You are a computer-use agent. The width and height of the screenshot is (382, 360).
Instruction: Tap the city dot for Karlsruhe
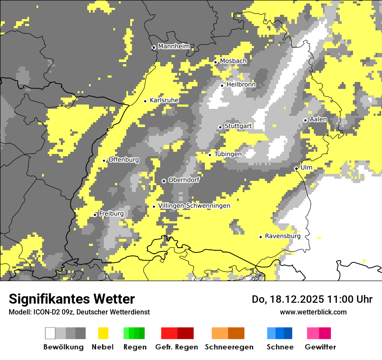(145, 101)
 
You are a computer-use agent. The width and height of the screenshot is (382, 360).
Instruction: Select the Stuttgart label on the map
(238, 126)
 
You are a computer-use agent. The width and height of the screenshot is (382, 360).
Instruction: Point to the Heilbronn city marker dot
(222, 85)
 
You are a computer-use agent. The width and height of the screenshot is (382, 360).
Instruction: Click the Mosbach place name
(233, 61)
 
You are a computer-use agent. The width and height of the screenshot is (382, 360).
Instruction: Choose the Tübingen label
(228, 154)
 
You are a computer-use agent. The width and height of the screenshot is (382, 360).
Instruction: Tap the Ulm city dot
(296, 168)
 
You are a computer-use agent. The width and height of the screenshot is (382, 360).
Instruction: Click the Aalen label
(318, 119)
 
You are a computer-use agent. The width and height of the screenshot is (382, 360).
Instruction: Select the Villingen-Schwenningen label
(194, 206)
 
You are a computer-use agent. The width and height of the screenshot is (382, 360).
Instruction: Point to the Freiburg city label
(111, 214)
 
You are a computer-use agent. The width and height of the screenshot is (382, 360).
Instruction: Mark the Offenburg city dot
(104, 160)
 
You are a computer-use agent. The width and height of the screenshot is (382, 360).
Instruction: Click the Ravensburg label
(283, 236)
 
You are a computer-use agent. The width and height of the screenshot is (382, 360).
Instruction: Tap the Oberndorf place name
(184, 180)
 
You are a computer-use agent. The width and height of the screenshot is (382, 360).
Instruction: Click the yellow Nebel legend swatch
(103, 333)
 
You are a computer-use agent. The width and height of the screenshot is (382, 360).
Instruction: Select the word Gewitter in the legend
(320, 347)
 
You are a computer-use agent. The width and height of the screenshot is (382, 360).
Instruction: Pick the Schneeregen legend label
(229, 347)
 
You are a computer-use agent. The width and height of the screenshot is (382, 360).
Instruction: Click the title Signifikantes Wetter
(72, 299)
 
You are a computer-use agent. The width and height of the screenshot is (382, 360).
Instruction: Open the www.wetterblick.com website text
(313, 312)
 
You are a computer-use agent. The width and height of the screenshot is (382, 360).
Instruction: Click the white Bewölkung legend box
(50, 333)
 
